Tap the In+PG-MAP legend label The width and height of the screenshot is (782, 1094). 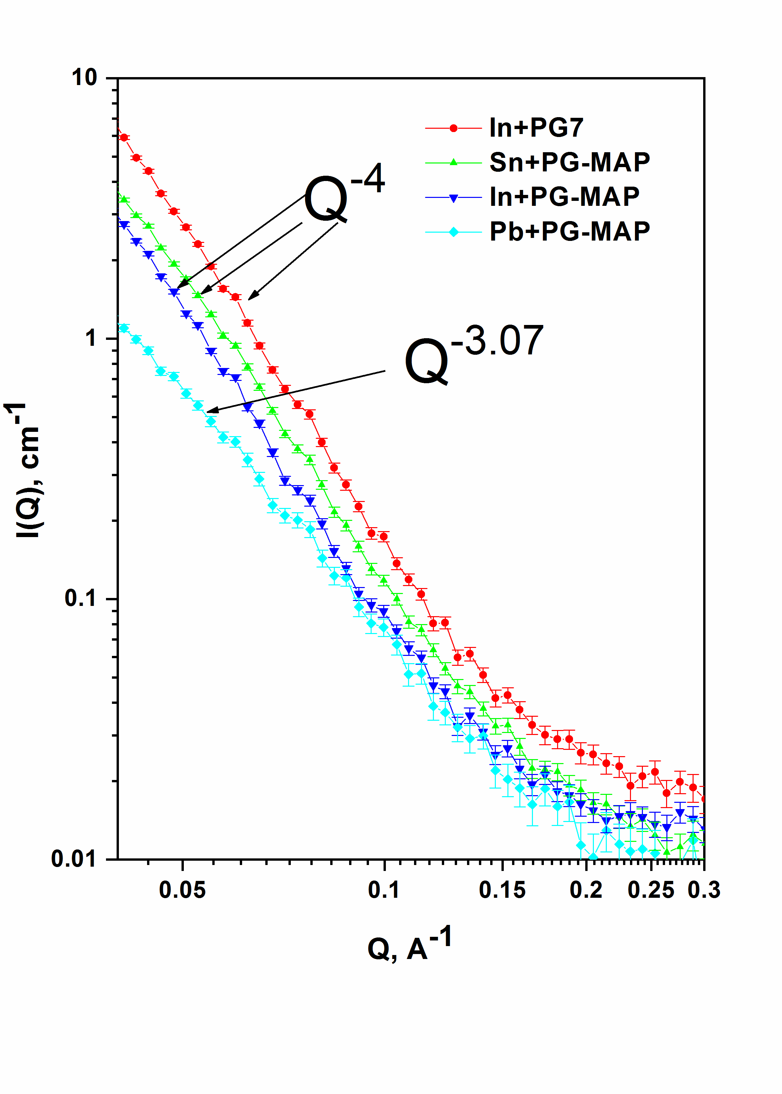pyautogui.click(x=564, y=197)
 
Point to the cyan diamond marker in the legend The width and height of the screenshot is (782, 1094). pyautogui.click(x=453, y=232)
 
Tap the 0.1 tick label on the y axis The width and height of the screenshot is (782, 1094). pyautogui.click(x=81, y=599)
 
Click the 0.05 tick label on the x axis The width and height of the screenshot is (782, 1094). pyautogui.click(x=182, y=890)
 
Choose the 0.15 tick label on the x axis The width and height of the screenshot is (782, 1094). pyautogui.click(x=502, y=890)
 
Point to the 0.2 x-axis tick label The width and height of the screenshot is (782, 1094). pyautogui.click(x=586, y=890)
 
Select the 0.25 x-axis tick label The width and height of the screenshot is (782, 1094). pyautogui.click(x=651, y=890)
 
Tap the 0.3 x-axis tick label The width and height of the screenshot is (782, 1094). pyautogui.click(x=704, y=890)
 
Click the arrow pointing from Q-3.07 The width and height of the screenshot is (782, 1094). pyautogui.click(x=296, y=391)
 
